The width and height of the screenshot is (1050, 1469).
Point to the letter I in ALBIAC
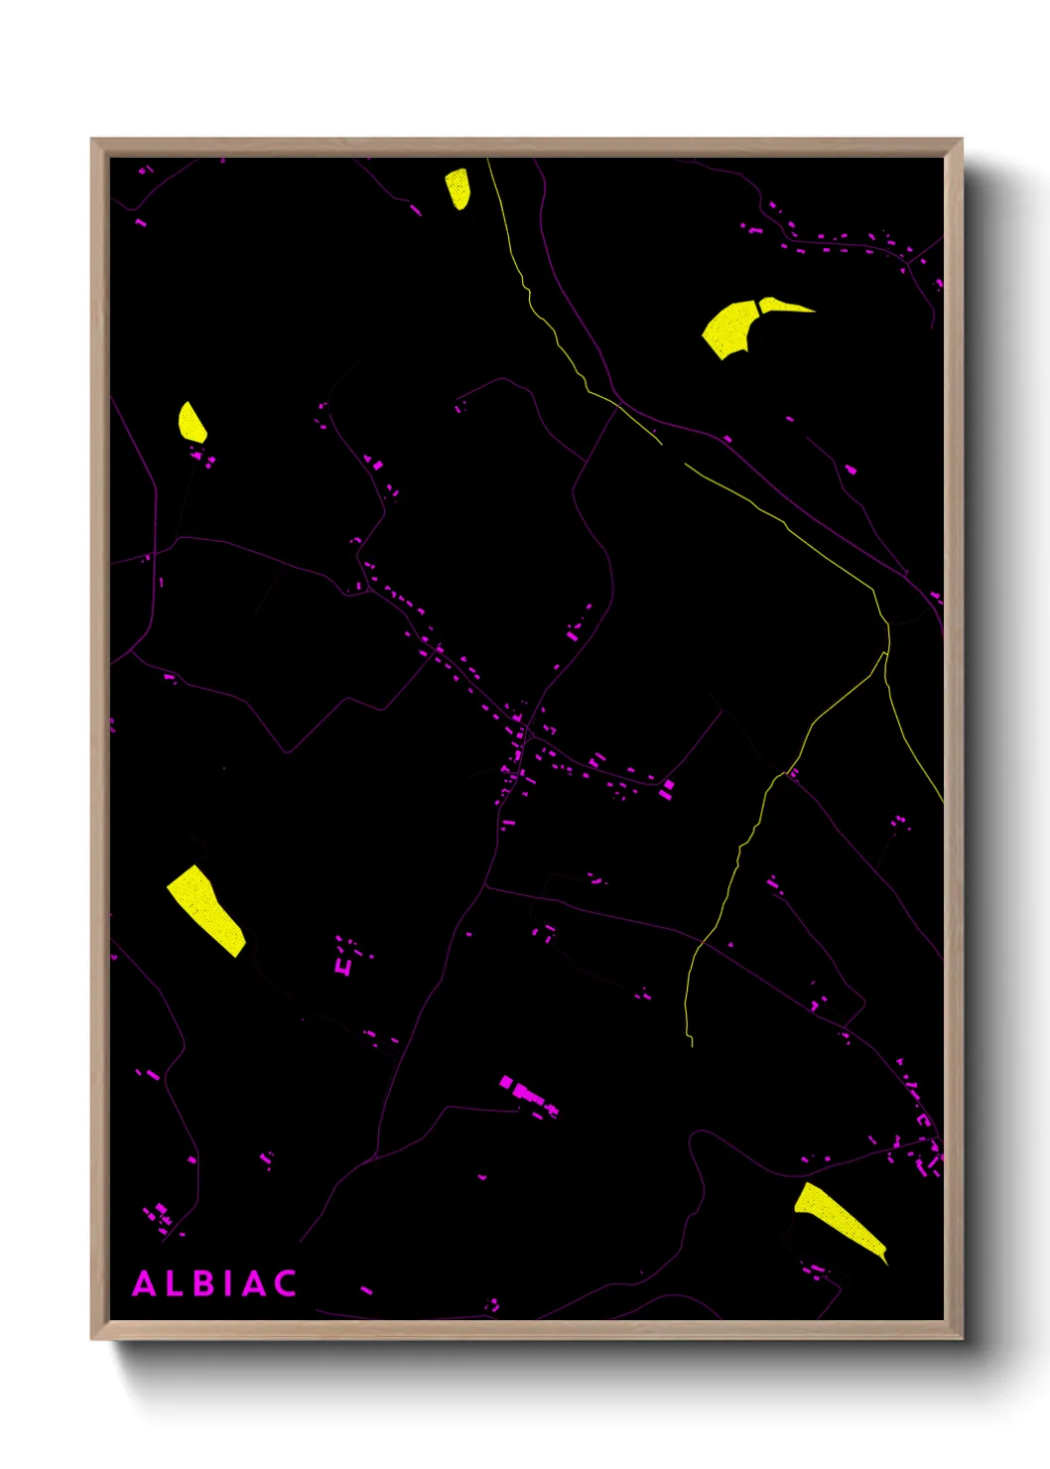228,1284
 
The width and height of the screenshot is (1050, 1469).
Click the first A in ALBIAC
145,1284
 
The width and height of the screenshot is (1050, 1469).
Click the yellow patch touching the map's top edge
458,188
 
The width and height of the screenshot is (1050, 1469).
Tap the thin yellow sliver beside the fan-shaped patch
784,306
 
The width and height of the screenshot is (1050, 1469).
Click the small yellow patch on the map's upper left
192,424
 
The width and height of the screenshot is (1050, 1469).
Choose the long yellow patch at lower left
205,909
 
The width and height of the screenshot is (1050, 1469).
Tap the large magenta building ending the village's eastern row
668,786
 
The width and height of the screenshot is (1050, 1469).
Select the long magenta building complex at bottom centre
526,1094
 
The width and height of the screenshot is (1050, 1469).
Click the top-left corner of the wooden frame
91,139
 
